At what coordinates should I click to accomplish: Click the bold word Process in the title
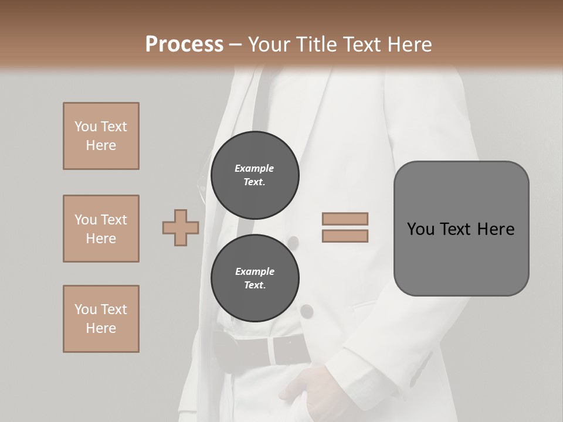[x=184, y=45]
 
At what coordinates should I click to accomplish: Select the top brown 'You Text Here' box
[x=101, y=136]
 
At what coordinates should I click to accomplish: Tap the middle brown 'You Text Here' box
[x=101, y=229]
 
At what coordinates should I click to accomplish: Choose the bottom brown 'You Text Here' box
[x=101, y=319]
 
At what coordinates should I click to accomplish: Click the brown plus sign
[x=181, y=228]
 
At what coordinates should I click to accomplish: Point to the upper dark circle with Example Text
[x=255, y=175]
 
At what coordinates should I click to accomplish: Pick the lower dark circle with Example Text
[x=255, y=278]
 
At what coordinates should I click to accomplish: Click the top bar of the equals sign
[x=345, y=219]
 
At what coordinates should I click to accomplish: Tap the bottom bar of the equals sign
[x=345, y=236]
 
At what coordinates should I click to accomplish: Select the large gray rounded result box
[x=461, y=229]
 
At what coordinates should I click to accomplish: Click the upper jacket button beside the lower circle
[x=293, y=241]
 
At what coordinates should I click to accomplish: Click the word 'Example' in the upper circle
[x=255, y=168]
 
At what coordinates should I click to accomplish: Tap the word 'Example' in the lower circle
[x=255, y=272]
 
